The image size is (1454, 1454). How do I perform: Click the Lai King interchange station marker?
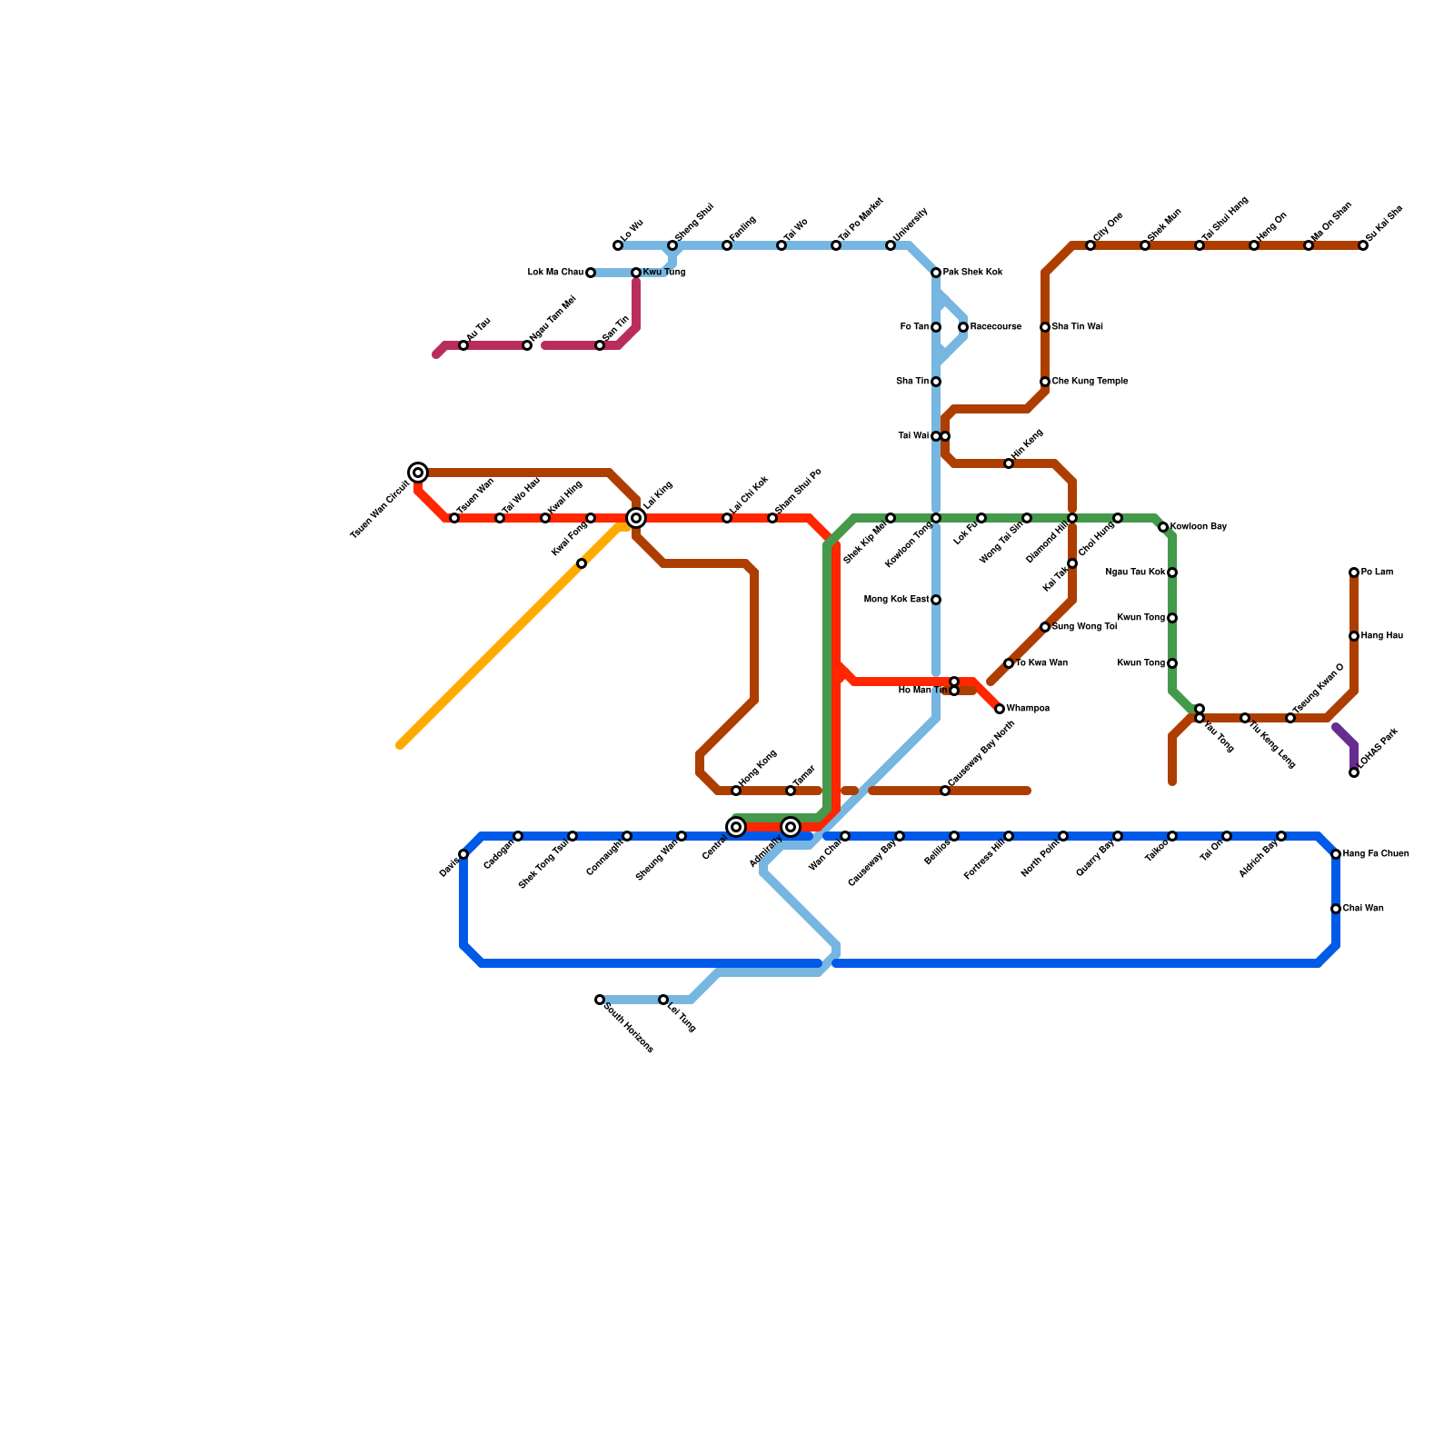tap(636, 518)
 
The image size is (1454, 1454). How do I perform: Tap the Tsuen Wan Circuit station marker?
tap(418, 473)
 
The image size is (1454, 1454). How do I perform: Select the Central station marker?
tap(736, 827)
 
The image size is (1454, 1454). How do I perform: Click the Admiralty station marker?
tap(791, 827)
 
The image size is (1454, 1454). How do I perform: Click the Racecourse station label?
tap(995, 327)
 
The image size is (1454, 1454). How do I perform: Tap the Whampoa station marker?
tap(1000, 709)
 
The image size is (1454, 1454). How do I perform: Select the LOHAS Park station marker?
tap(1354, 772)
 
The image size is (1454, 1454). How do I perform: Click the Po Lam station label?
tap(1377, 573)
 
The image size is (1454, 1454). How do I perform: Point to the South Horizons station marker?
tap(600, 1000)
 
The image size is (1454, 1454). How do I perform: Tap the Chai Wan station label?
tap(1363, 909)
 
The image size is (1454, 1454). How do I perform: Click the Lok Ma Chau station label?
tap(555, 273)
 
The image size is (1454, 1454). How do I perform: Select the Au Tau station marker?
tap(463, 345)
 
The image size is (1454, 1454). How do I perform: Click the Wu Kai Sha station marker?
tap(1363, 245)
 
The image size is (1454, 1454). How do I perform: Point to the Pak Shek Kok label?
tap(972, 273)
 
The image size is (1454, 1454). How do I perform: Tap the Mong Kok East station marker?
tap(936, 600)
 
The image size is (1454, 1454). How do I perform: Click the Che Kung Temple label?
tap(1090, 382)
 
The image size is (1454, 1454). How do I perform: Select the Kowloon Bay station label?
tap(1199, 527)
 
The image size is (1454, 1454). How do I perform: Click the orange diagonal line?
tap(509, 636)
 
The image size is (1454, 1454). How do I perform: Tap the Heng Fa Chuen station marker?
tap(1336, 854)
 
